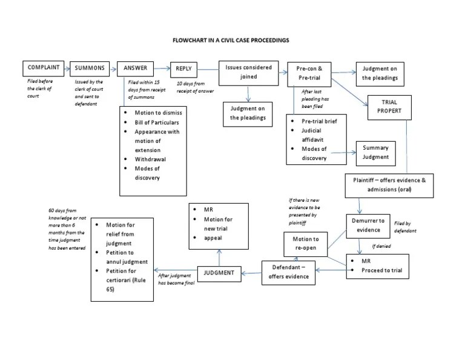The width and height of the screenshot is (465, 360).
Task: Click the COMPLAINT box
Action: point(44,68)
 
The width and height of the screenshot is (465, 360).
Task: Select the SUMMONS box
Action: point(89,68)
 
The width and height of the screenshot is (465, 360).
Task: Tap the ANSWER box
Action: point(135,68)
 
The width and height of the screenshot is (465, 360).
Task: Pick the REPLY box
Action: point(184,69)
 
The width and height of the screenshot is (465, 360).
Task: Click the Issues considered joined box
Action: point(248,72)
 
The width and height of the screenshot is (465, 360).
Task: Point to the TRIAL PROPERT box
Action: point(389,107)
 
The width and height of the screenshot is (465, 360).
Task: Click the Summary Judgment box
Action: point(375,152)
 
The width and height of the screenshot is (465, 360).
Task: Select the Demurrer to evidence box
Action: point(369,225)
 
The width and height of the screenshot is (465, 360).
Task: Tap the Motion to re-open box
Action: point(306,244)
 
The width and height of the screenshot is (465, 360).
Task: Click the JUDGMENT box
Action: point(219,273)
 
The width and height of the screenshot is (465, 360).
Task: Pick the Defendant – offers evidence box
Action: point(288,272)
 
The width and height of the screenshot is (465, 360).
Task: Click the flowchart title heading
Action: point(232,41)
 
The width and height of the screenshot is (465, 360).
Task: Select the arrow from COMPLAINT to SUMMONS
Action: point(67,68)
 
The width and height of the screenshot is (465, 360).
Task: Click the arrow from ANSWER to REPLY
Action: point(162,68)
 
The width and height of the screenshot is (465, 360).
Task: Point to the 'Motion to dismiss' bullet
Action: point(159,113)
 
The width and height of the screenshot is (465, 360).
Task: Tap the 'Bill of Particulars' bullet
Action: point(157,122)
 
